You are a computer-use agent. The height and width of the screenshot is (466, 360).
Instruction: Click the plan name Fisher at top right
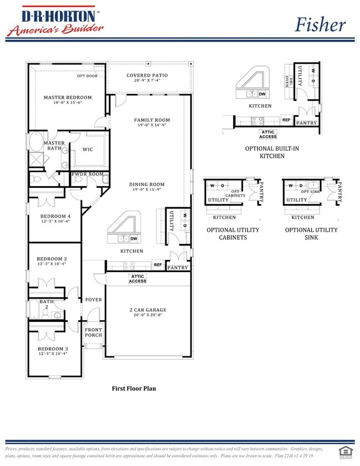pyautogui.click(x=320, y=24)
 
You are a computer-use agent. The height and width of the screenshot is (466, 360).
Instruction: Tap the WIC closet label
pyautogui.click(x=88, y=149)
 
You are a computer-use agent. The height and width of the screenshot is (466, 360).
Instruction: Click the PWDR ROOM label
pyautogui.click(x=87, y=174)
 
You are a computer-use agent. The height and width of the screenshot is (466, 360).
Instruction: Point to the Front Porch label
pyautogui.click(x=94, y=332)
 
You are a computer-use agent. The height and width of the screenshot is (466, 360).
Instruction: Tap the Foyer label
pyautogui.click(x=94, y=300)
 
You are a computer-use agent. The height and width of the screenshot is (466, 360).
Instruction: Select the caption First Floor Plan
pyautogui.click(x=133, y=388)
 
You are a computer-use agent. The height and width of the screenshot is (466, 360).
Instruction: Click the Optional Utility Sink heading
pyautogui.click(x=311, y=233)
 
